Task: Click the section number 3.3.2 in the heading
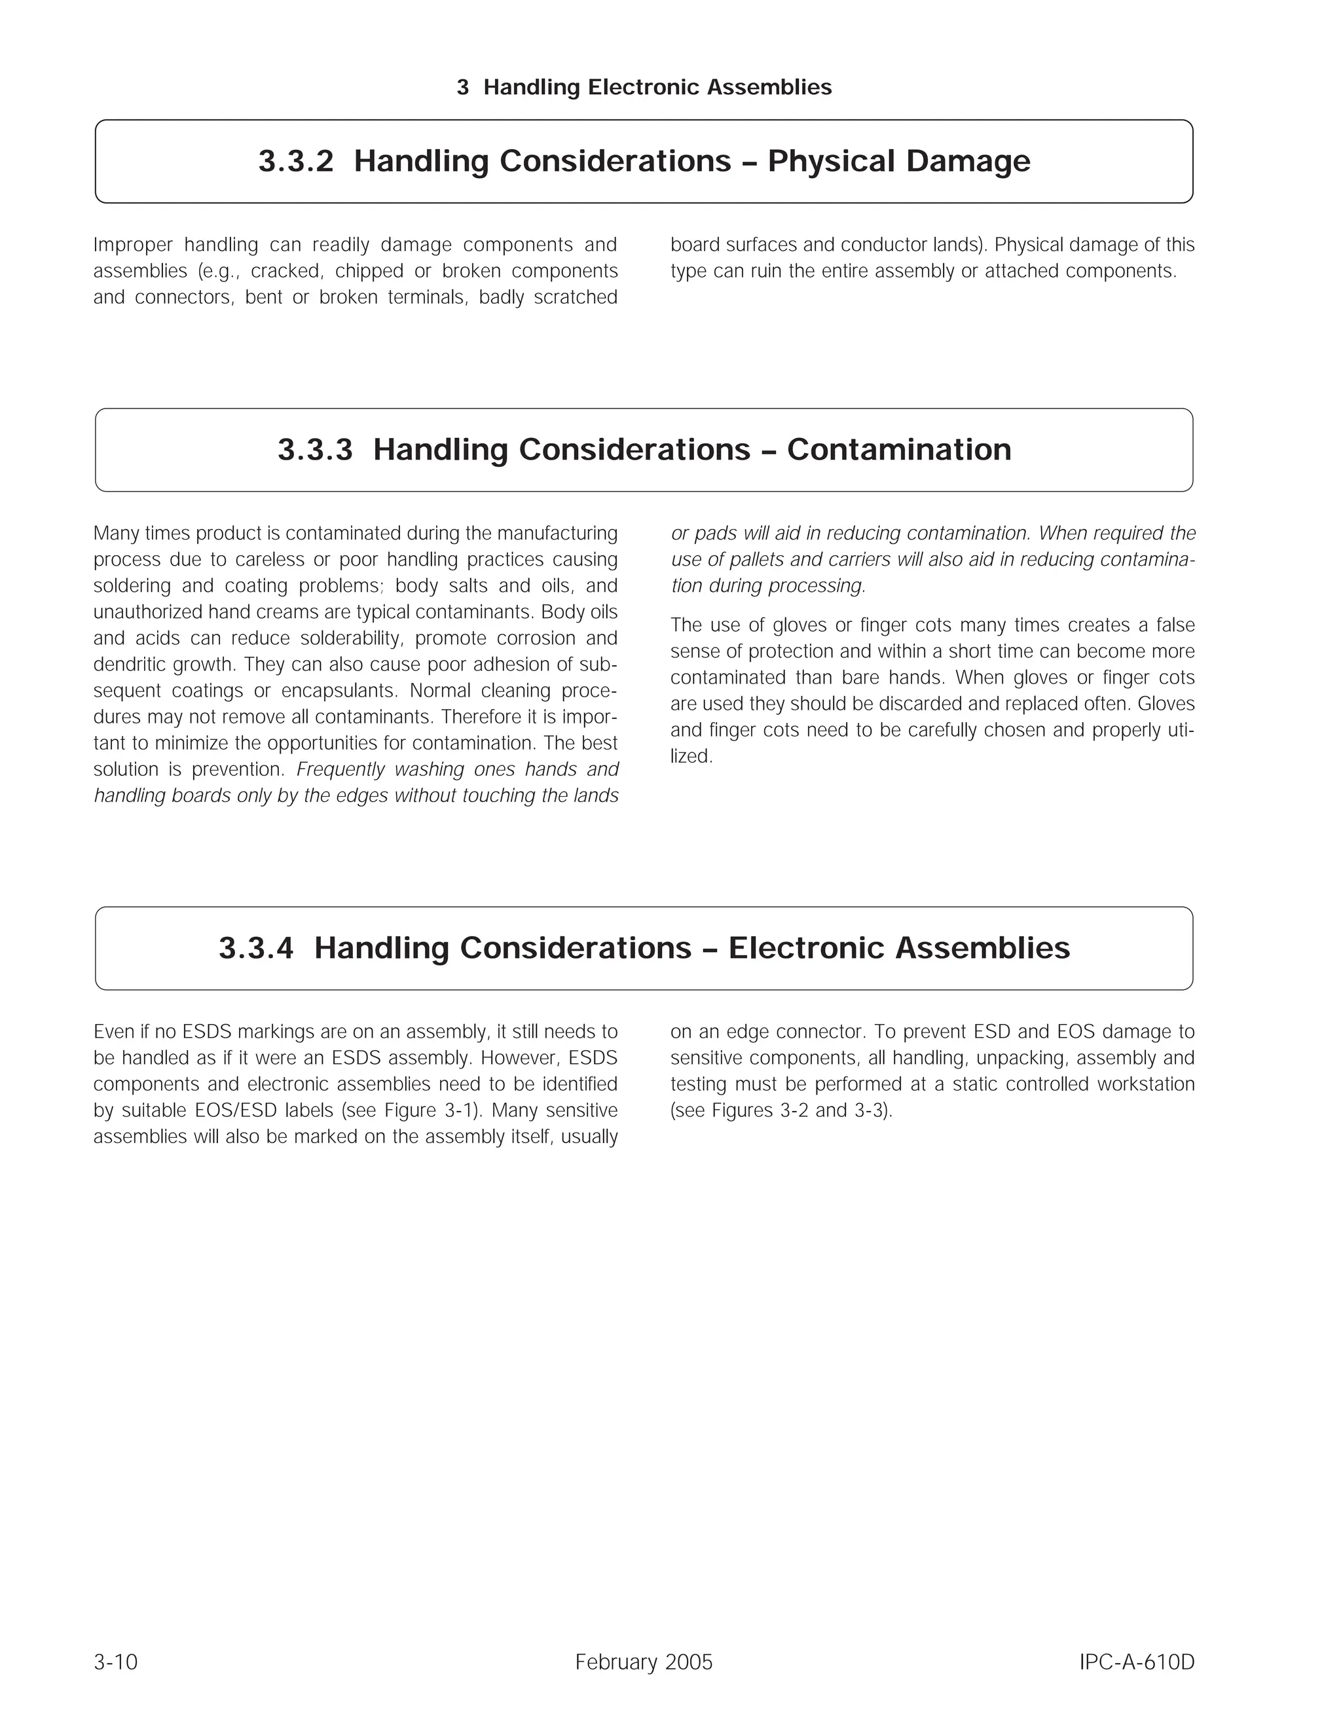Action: tap(295, 161)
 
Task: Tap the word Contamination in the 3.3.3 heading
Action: tap(898, 450)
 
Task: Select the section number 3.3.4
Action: tap(256, 948)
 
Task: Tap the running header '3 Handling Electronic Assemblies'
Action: tap(644, 87)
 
